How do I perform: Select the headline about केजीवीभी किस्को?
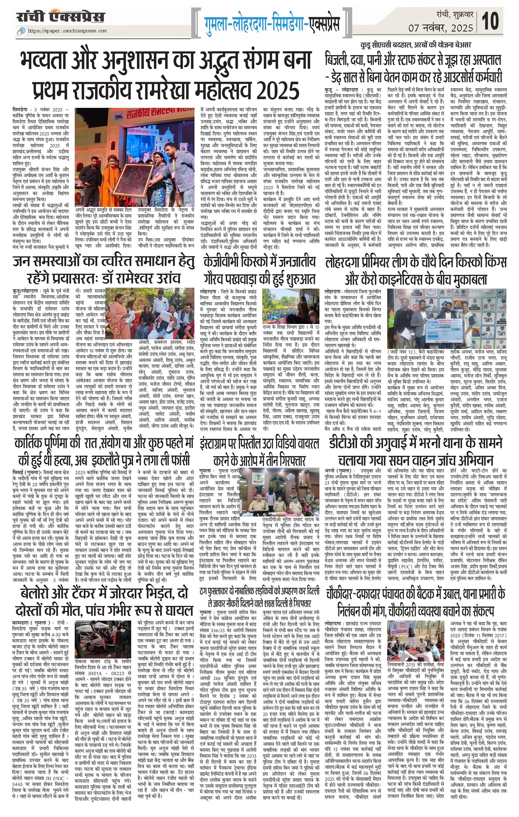coord(260,270)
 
